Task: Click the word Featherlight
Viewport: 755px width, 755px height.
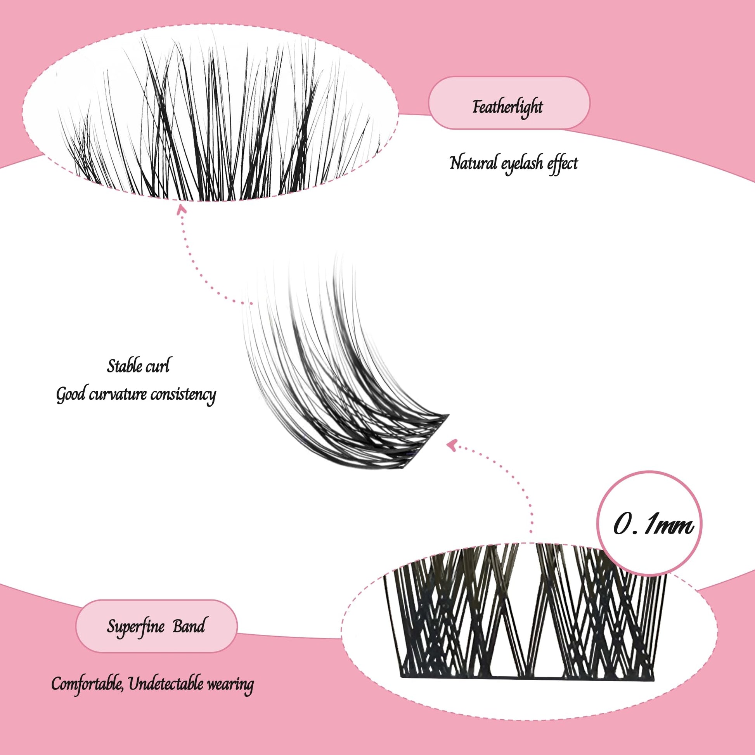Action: (x=507, y=107)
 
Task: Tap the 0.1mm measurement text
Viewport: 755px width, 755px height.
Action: (x=653, y=526)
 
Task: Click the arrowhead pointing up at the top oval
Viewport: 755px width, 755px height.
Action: (x=180, y=210)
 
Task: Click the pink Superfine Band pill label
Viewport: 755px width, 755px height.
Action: (x=156, y=626)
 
